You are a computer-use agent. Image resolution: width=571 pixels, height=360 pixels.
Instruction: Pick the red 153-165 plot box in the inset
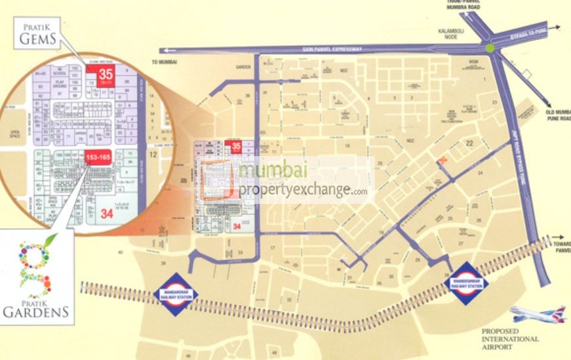pos(100,157)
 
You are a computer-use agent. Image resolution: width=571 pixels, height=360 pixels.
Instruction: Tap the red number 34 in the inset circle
pos(108,212)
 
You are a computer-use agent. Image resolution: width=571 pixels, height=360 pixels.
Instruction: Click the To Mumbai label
pos(160,62)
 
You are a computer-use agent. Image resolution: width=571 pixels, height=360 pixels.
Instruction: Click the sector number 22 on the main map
pos(469,143)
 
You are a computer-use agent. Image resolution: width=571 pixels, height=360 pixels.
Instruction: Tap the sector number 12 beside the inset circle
pos(152,155)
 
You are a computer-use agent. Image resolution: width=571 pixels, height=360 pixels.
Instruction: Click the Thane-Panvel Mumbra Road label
pos(471,5)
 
